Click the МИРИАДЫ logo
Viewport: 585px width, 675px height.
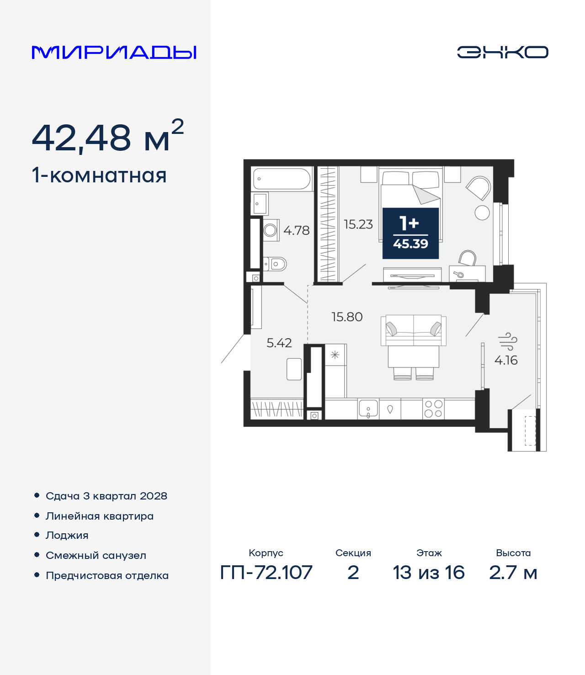pyautogui.click(x=114, y=52)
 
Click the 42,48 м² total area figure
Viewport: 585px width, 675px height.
pyautogui.click(x=108, y=136)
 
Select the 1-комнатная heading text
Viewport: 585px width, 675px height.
pyautogui.click(x=99, y=175)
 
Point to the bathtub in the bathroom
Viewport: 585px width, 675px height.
pyautogui.click(x=282, y=179)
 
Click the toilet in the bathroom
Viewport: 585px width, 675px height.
pyautogui.click(x=275, y=264)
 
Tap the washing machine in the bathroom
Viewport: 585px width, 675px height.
pyautogui.click(x=271, y=230)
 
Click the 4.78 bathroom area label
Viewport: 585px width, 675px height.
pyautogui.click(x=296, y=230)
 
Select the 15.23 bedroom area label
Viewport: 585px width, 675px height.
pyautogui.click(x=358, y=224)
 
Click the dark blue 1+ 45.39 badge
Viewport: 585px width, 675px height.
pyautogui.click(x=410, y=233)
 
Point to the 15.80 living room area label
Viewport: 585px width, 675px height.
pyautogui.click(x=347, y=317)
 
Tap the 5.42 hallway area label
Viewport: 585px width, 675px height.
pyautogui.click(x=279, y=343)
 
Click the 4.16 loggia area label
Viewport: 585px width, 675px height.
pyautogui.click(x=506, y=360)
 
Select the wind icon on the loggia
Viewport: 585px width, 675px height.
pyautogui.click(x=507, y=341)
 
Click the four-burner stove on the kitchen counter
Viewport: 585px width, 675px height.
pyautogui.click(x=433, y=409)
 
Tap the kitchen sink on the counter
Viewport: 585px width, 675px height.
pyautogui.click(x=368, y=409)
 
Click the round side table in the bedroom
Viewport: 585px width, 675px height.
pyautogui.click(x=482, y=213)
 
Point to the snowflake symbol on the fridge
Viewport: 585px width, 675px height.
pyautogui.click(x=335, y=355)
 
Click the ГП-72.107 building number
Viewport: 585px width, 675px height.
pyautogui.click(x=266, y=573)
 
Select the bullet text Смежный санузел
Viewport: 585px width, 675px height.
pyautogui.click(x=96, y=555)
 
